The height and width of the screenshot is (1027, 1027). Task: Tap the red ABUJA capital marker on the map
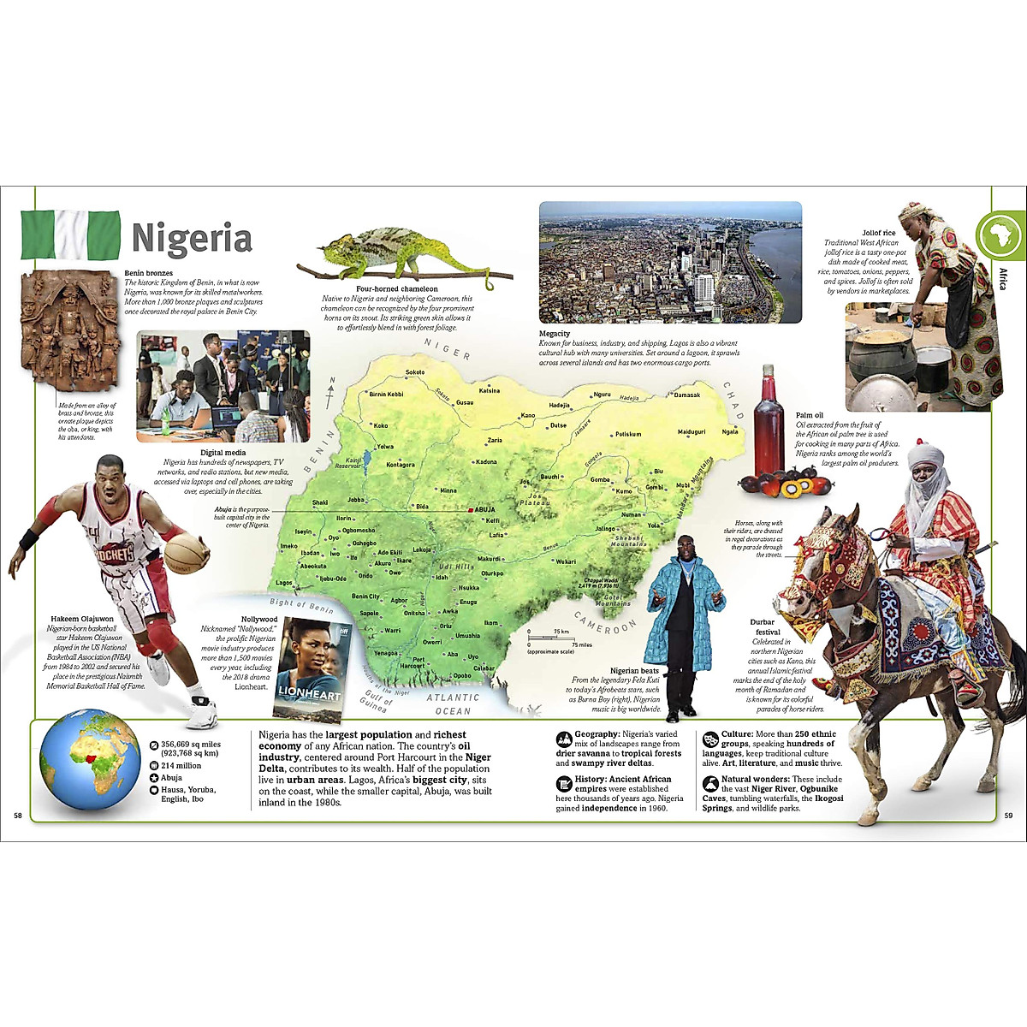click(x=471, y=510)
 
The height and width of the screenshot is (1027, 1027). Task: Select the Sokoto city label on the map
click(x=415, y=372)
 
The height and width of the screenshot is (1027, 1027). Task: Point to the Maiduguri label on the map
click(x=692, y=431)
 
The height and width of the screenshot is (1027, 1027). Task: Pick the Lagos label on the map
click(x=283, y=583)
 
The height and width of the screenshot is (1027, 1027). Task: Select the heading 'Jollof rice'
click(x=879, y=233)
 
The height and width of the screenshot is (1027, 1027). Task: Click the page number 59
click(x=1007, y=816)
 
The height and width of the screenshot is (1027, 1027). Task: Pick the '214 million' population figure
click(x=181, y=766)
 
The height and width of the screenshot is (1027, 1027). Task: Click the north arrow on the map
click(x=330, y=394)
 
